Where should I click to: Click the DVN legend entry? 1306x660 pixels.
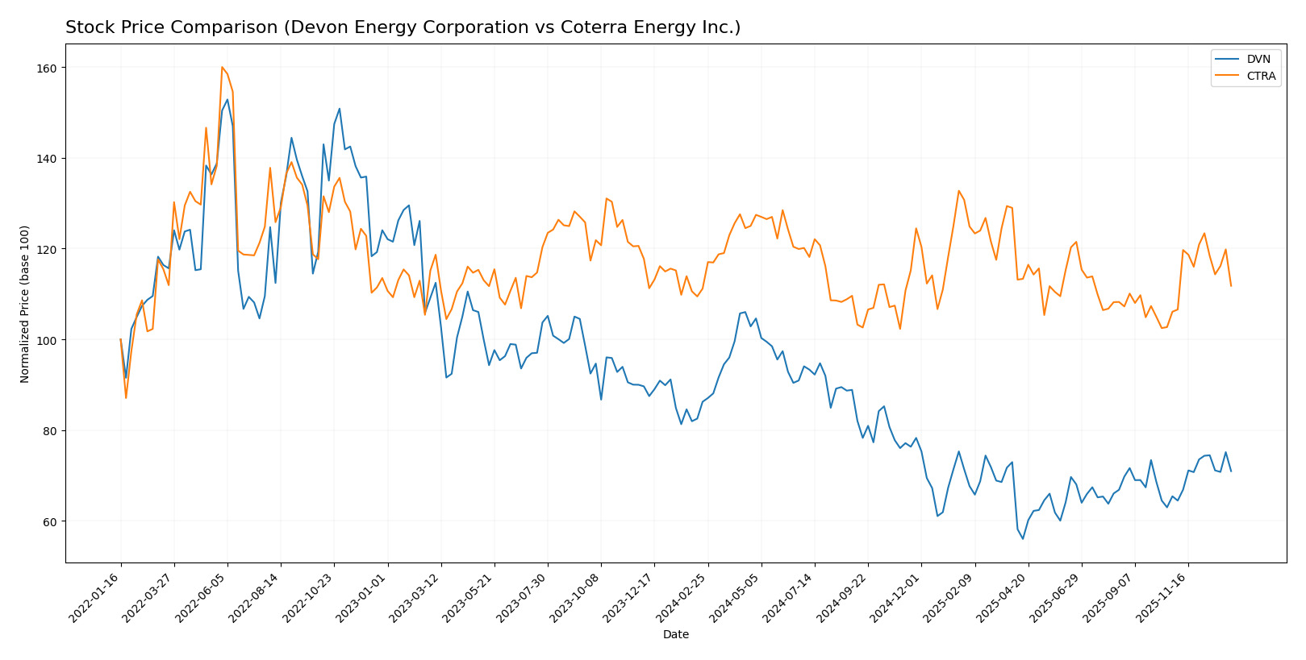(1258, 60)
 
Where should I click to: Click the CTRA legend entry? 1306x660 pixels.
(1261, 77)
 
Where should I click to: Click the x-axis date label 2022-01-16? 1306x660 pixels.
(96, 597)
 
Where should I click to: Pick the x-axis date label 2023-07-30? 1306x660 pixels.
(523, 597)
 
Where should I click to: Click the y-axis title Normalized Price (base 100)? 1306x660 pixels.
(24, 304)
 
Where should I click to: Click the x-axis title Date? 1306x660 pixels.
(675, 635)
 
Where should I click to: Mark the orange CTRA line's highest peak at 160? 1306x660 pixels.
(222, 67)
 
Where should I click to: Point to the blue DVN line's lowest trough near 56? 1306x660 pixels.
(1023, 538)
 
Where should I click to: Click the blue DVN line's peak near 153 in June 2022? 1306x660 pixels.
(227, 100)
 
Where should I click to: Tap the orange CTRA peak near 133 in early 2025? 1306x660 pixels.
(958, 191)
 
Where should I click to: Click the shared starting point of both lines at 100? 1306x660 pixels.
(121, 339)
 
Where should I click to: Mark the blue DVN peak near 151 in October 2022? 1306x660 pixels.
(340, 109)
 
